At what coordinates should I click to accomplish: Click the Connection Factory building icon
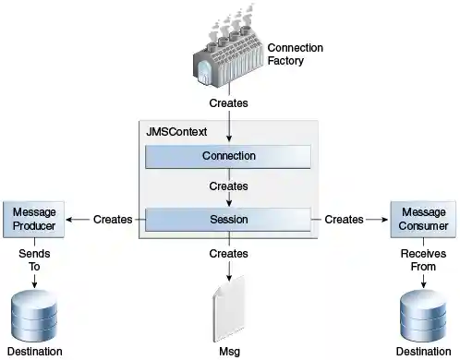227,55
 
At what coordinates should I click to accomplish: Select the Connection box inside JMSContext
228,156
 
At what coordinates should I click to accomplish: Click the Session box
228,220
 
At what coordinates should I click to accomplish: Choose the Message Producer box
35,219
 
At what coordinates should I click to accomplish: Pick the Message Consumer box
422,219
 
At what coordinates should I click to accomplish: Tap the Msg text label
228,351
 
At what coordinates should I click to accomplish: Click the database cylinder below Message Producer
35,315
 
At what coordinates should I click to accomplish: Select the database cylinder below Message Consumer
422,315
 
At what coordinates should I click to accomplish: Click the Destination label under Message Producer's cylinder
35,352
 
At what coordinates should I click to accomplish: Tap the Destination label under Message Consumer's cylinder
422,352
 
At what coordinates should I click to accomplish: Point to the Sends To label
35,259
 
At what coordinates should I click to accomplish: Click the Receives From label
422,259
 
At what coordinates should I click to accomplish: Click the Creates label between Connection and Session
228,186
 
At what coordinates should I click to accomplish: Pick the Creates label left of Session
113,220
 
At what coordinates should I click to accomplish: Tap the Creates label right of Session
344,220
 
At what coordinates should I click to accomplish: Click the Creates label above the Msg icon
228,253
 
